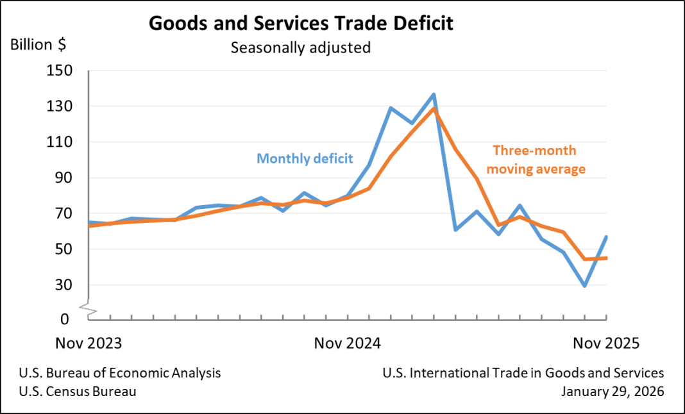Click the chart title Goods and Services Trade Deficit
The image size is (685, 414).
click(301, 24)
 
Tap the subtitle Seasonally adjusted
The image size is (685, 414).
click(301, 47)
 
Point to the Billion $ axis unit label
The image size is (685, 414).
click(37, 45)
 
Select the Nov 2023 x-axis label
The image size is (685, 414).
click(89, 343)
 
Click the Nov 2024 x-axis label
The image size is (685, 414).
click(348, 343)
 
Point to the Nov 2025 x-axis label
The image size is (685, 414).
click(606, 343)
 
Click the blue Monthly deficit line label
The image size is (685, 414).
click(305, 158)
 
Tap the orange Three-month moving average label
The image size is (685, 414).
click(539, 160)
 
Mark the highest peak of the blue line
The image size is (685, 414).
click(434, 95)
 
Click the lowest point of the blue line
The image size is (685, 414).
click(584, 285)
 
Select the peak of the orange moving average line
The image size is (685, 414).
click(434, 108)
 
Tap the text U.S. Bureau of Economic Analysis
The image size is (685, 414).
click(120, 373)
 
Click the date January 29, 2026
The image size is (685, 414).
click(613, 391)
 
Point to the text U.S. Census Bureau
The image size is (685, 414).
click(78, 391)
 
